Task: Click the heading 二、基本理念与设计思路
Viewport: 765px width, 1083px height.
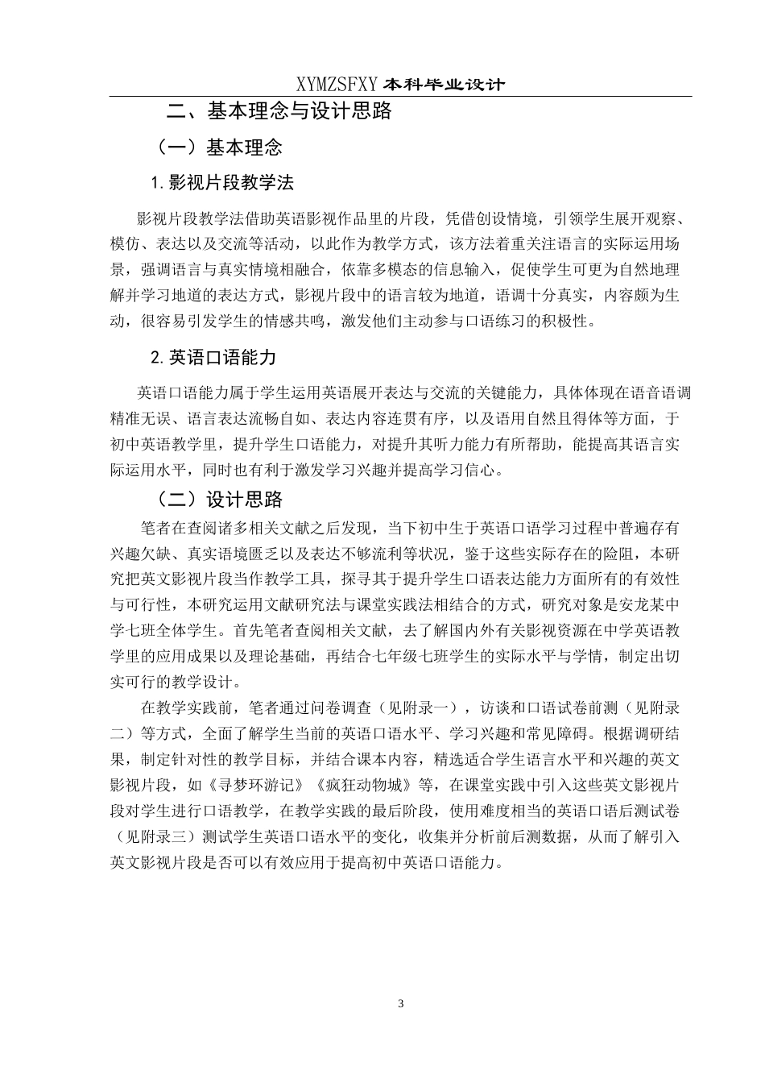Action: pyautogui.click(x=278, y=110)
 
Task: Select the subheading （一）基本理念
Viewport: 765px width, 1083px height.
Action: pyautogui.click(x=219, y=147)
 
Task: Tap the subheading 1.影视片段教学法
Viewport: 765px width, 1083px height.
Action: pyautogui.click(x=222, y=183)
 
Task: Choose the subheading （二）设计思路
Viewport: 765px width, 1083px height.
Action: pyautogui.click(x=219, y=500)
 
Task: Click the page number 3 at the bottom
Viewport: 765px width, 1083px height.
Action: pyautogui.click(x=401, y=1003)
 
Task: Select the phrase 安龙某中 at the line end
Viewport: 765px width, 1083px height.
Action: pyautogui.click(x=648, y=604)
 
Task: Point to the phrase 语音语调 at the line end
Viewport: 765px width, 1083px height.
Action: pyautogui.click(x=660, y=393)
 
